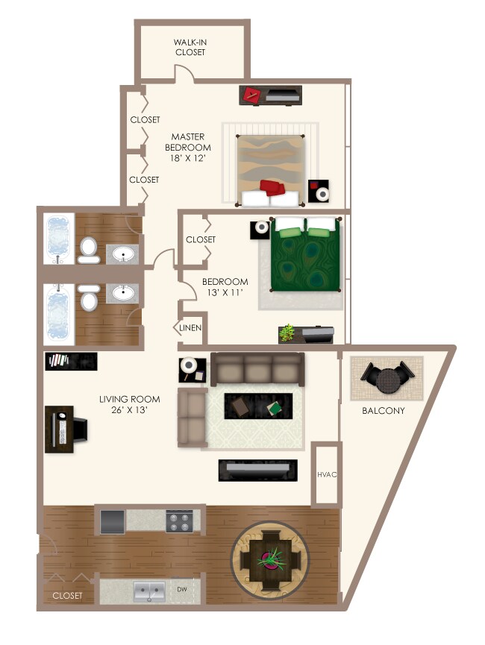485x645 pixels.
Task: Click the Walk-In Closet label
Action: coord(190,47)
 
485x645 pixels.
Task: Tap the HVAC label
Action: coord(325,473)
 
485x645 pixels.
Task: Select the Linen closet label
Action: coord(190,327)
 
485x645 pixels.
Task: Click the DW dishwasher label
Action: coord(183,590)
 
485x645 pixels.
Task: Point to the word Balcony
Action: coord(383,411)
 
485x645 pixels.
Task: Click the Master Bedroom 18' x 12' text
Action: coord(188,148)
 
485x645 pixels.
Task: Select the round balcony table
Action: coord(387,380)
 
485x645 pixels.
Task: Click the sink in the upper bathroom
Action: coord(123,255)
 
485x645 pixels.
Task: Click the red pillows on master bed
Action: coord(273,186)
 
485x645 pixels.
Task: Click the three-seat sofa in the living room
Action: coord(258,368)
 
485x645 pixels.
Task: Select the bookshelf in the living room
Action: coord(72,361)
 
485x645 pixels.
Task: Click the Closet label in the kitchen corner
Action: coord(67,596)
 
